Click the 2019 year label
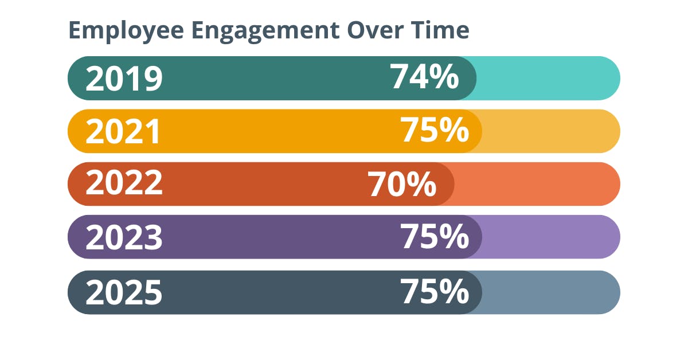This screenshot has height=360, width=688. tap(124, 79)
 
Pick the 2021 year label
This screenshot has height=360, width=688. tap(124, 131)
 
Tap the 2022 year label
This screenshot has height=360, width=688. tap(124, 184)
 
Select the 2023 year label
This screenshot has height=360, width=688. tap(124, 237)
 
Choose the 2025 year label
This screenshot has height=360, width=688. tap(124, 292)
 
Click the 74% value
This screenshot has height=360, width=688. tap(425, 77)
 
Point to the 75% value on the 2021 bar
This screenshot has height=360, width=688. tap(435, 130)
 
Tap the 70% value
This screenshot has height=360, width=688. tap(402, 185)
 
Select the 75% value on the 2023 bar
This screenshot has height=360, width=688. tap(435, 237)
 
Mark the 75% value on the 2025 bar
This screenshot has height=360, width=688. tap(435, 292)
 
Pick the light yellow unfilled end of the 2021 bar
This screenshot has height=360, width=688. tap(550, 131)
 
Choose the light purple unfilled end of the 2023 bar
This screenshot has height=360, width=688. tap(550, 237)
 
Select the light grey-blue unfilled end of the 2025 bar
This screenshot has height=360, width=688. tap(550, 292)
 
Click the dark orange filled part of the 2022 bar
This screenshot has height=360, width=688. tap(258, 184)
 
